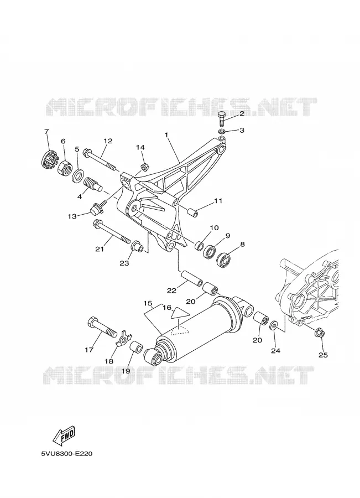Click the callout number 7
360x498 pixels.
(46, 131)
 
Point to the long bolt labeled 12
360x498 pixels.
(100, 160)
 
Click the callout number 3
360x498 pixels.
(242, 130)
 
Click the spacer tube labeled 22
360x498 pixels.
(191, 278)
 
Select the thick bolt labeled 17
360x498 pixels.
(102, 327)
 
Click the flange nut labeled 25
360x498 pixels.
(320, 333)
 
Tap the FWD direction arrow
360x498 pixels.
(65, 435)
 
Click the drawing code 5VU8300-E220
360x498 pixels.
(67, 454)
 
